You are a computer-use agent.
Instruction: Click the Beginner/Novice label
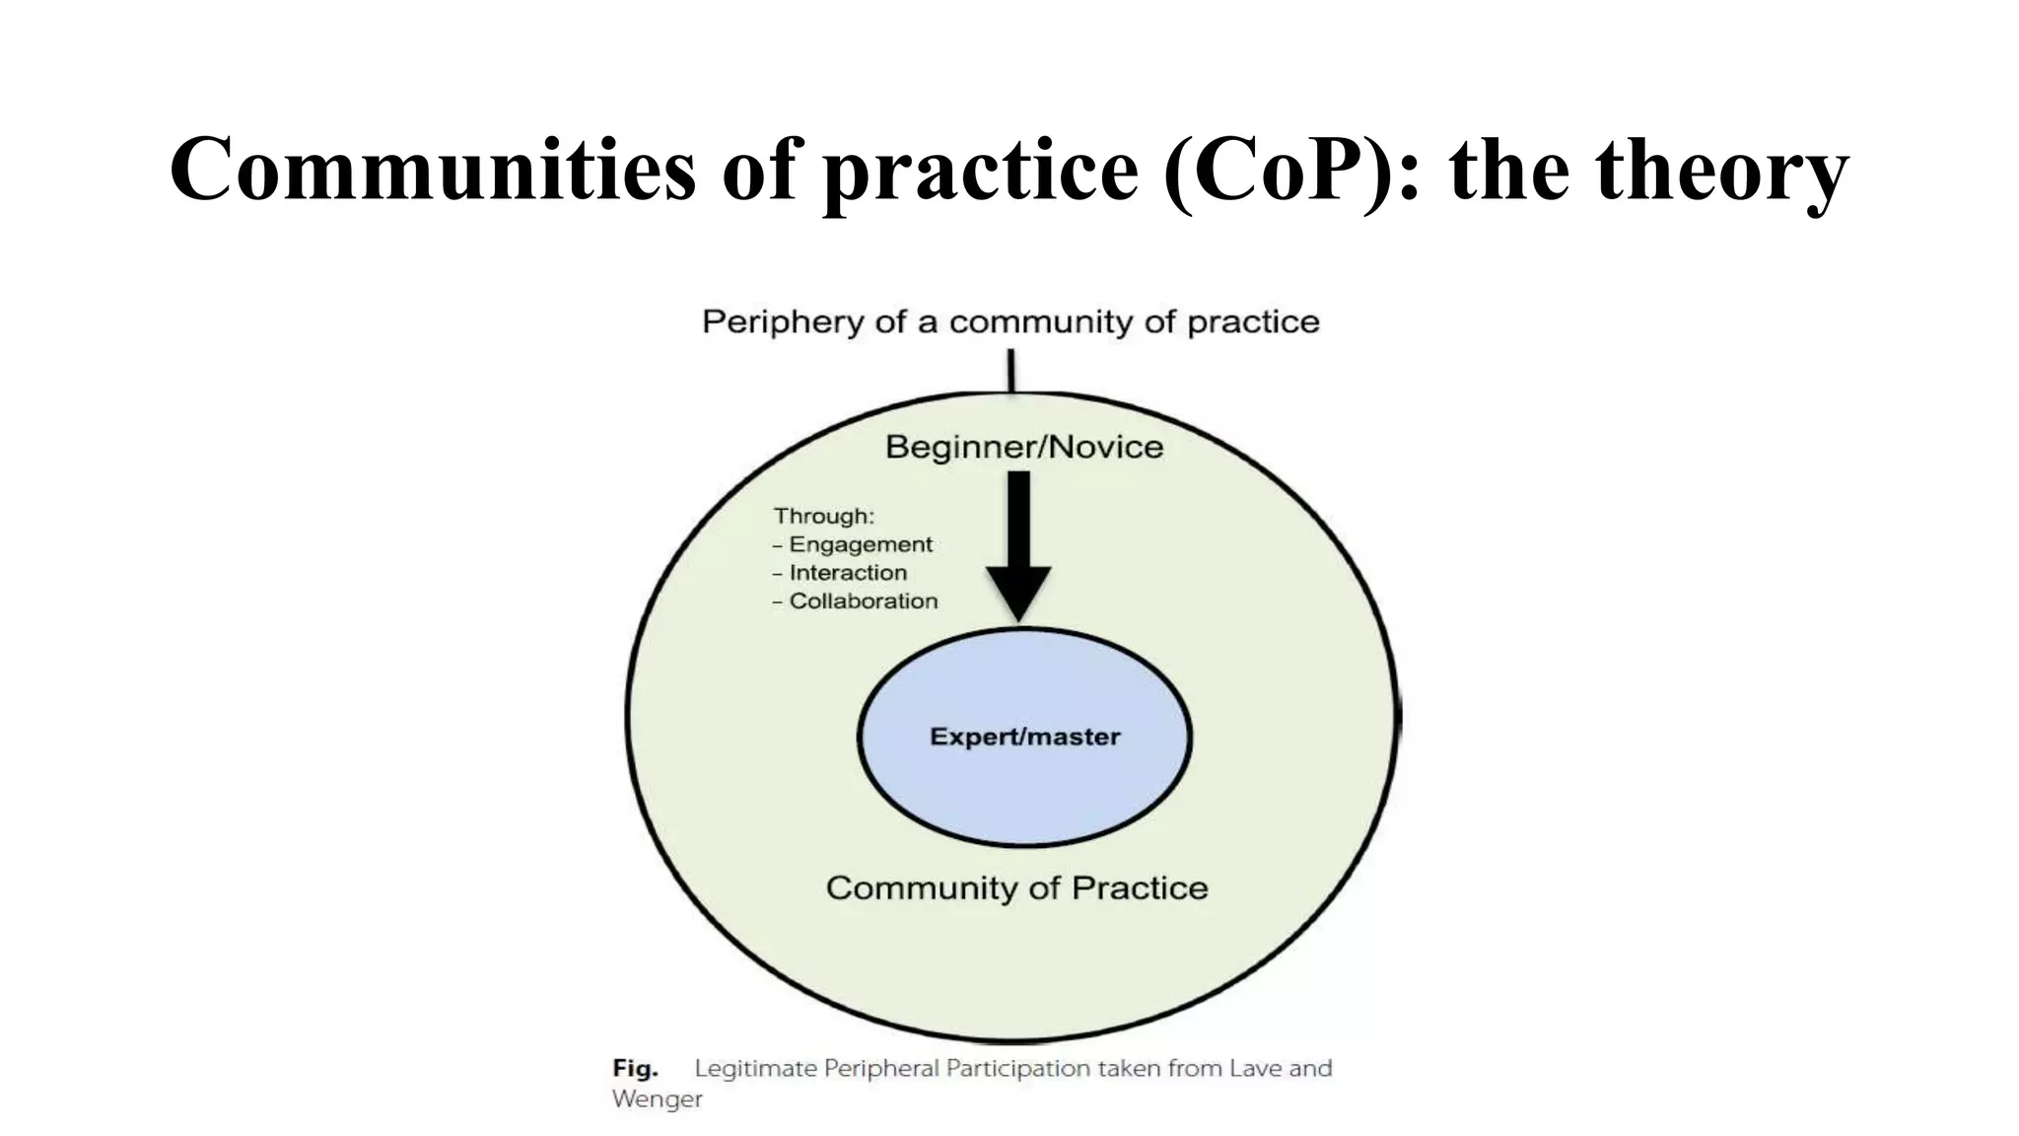coord(1024,448)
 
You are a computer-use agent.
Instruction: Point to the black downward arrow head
coord(1018,592)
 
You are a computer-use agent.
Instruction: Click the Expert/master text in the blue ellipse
coord(1025,737)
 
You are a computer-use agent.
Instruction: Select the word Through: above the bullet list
coord(823,516)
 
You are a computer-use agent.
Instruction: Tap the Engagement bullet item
coord(860,544)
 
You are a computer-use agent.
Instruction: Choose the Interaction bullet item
coord(847,573)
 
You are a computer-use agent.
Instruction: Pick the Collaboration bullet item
coord(863,602)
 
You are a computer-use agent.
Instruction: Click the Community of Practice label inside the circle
coord(1016,887)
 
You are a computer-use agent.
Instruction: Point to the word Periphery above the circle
coord(782,322)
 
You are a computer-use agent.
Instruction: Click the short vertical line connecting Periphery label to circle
coord(1011,372)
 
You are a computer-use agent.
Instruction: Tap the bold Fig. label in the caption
coord(635,1068)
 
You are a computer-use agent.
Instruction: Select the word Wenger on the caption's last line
coord(657,1099)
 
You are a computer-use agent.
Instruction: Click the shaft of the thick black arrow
coord(1018,518)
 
